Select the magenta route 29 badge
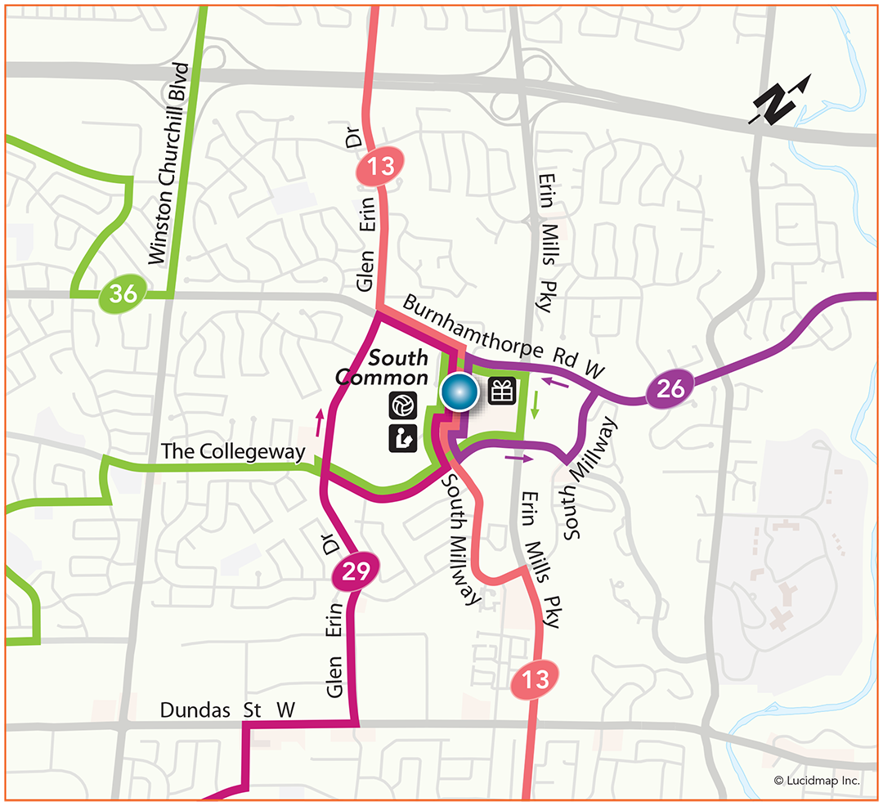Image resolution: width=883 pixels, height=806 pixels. click(356, 572)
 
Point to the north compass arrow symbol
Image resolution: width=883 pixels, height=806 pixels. click(781, 101)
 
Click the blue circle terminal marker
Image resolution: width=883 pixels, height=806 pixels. click(459, 392)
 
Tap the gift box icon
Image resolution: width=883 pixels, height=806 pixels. click(502, 392)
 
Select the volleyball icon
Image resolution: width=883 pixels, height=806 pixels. click(403, 404)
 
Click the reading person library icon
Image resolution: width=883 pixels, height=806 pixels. click(403, 438)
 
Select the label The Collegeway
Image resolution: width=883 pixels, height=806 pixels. click(233, 451)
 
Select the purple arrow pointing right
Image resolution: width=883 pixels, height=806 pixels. click(516, 458)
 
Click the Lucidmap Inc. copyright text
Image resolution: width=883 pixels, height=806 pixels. click(817, 781)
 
